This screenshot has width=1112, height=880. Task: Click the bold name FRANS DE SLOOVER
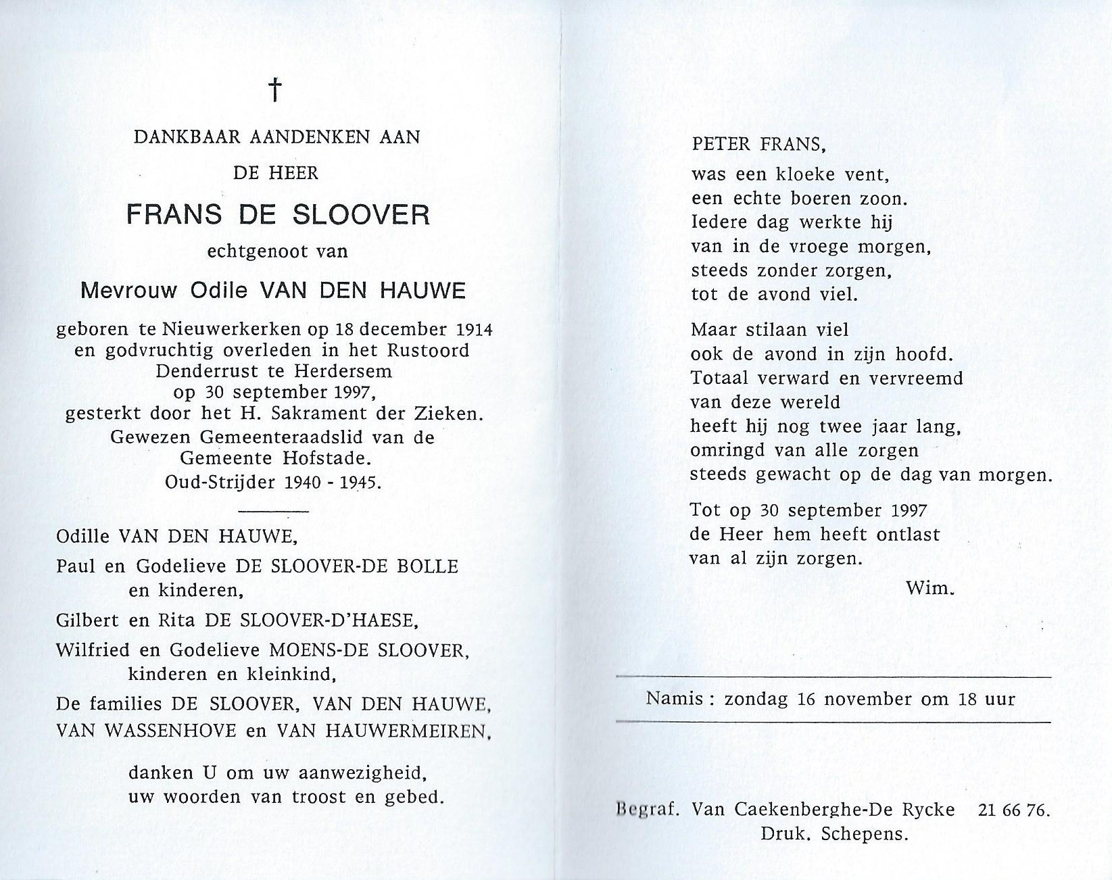277,215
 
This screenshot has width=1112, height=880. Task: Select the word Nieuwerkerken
233,329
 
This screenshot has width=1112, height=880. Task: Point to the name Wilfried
88,650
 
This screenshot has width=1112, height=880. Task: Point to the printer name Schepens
864,834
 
